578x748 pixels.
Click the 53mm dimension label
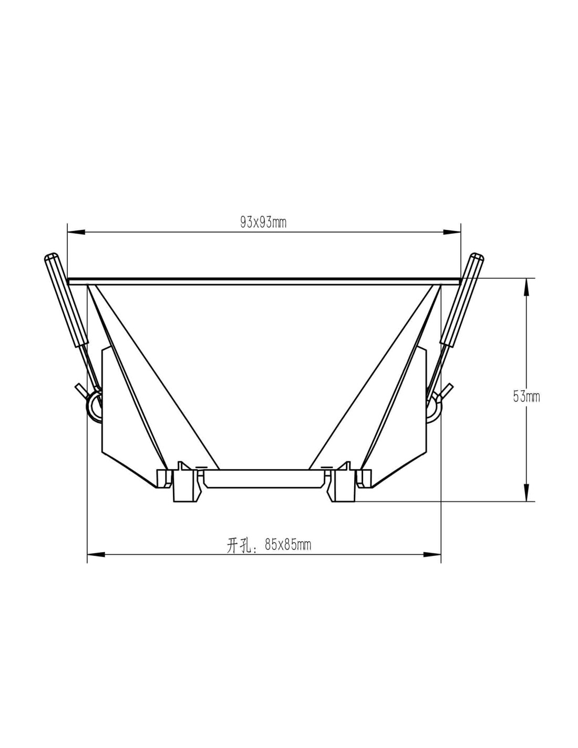click(x=526, y=397)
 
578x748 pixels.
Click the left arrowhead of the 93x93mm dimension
click(x=76, y=233)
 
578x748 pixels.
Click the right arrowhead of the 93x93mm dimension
click(x=451, y=233)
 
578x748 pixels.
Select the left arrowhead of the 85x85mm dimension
click(x=96, y=554)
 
